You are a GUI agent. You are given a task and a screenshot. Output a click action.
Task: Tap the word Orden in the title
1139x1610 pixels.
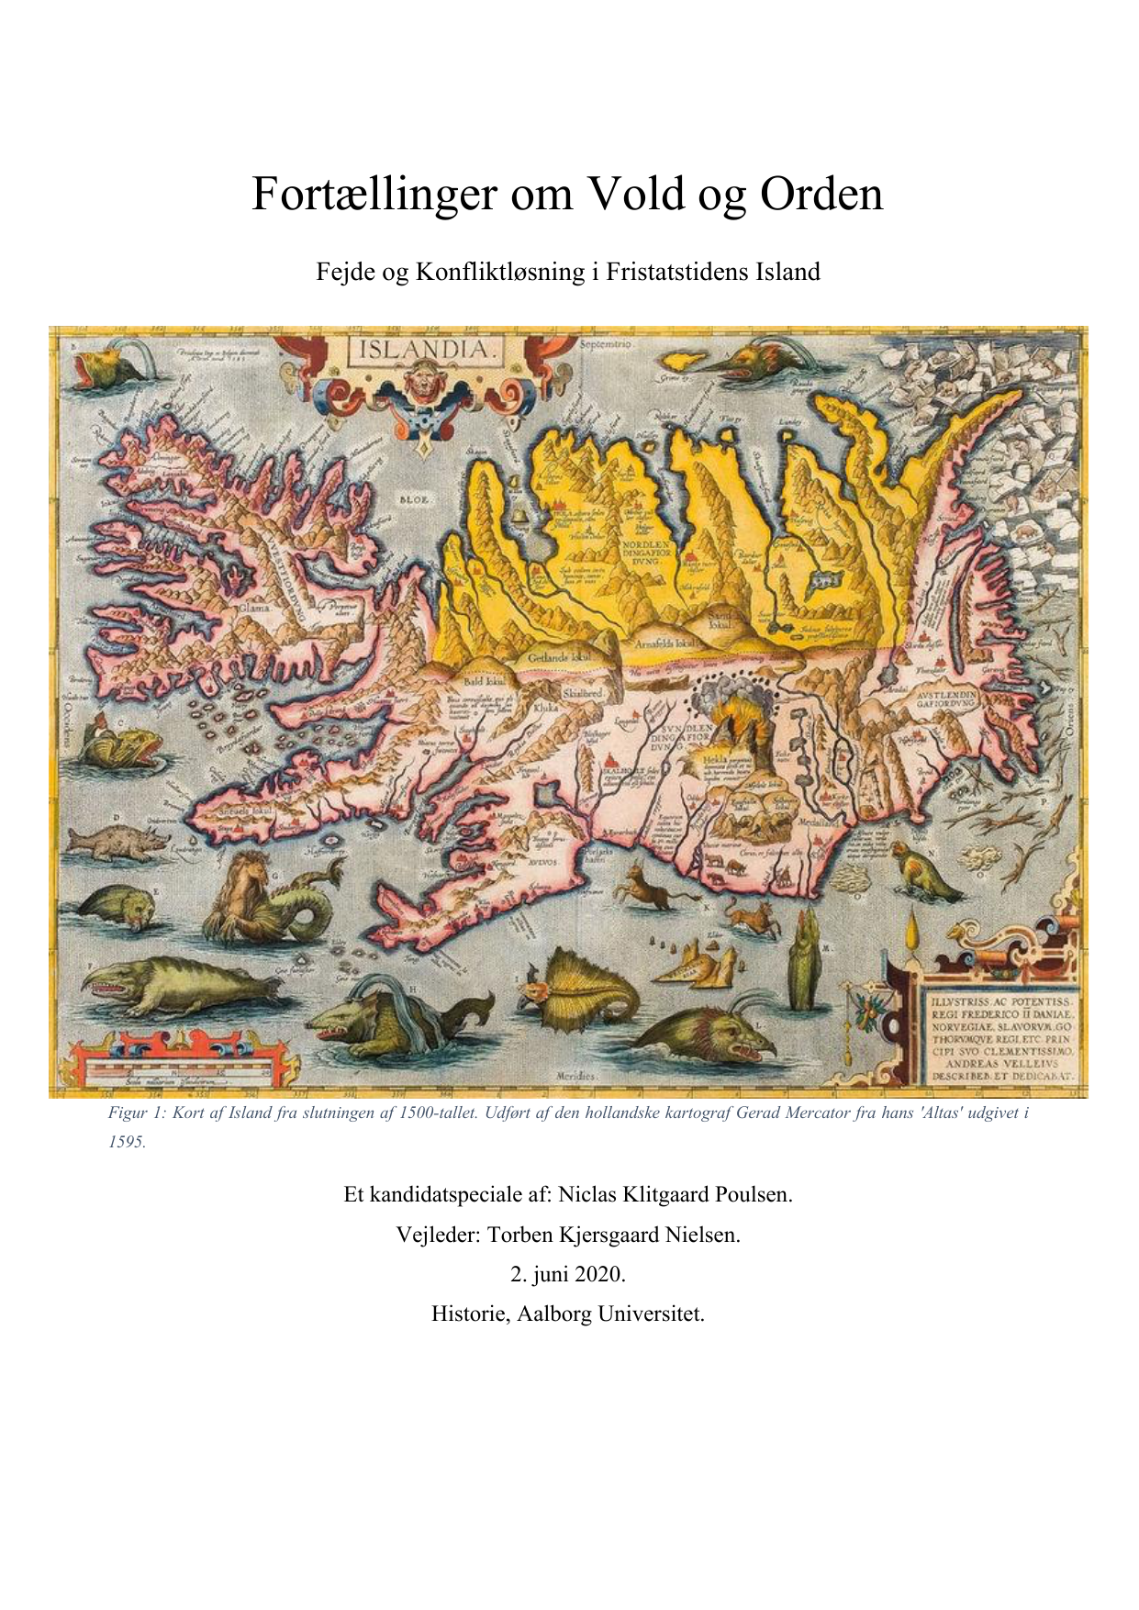tap(821, 194)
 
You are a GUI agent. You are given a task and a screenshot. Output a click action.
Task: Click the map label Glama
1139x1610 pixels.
tap(254, 608)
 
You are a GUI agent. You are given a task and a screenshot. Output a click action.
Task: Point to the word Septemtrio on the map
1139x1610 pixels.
tap(607, 343)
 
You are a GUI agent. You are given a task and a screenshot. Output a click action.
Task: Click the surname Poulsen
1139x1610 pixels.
tap(754, 1194)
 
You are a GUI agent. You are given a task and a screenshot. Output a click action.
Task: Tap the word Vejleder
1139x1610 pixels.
tap(438, 1235)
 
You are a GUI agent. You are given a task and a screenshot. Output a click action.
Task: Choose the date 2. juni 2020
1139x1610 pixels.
tap(568, 1274)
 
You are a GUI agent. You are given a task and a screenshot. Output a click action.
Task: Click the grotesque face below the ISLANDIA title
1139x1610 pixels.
tap(423, 378)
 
